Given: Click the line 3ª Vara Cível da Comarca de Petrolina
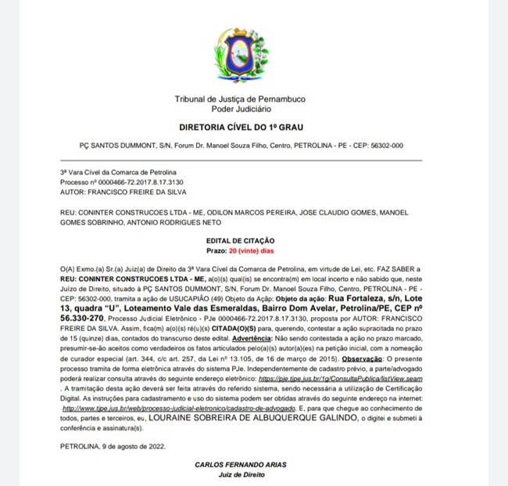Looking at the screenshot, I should click(x=118, y=172).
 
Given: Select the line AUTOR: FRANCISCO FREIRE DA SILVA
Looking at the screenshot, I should click(x=123, y=192).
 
